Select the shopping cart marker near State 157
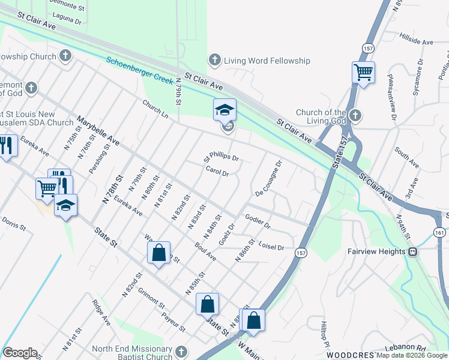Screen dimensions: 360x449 coord(363,73)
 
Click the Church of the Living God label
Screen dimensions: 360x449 coord(321,116)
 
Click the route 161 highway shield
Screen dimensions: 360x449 coord(440,232)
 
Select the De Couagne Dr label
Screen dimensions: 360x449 coord(268,178)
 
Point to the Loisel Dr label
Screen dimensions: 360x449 coord(271,245)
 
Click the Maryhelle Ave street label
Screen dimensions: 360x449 coord(97,130)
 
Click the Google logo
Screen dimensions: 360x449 coord(20,353)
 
